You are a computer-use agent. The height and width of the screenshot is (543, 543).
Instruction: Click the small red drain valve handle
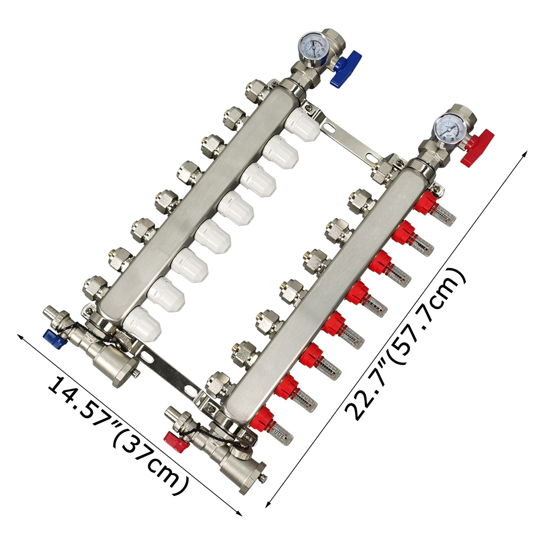(x=176, y=442)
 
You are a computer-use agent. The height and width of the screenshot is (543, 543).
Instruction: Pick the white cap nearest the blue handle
(x=302, y=124)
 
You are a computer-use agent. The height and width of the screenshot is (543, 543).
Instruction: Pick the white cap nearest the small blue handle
(x=142, y=324)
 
